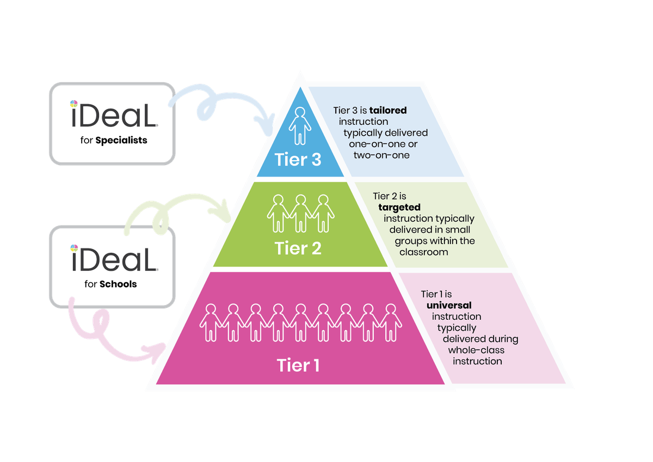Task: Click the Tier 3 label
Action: [299, 160]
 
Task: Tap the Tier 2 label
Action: [298, 248]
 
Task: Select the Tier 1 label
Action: [298, 364]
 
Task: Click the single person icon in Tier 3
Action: [299, 125]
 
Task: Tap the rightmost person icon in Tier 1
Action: [391, 323]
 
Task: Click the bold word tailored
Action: [388, 110]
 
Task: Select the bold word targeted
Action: [400, 208]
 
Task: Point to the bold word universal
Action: [449, 305]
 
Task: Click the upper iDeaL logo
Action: [113, 115]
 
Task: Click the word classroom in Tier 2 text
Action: [423, 252]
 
